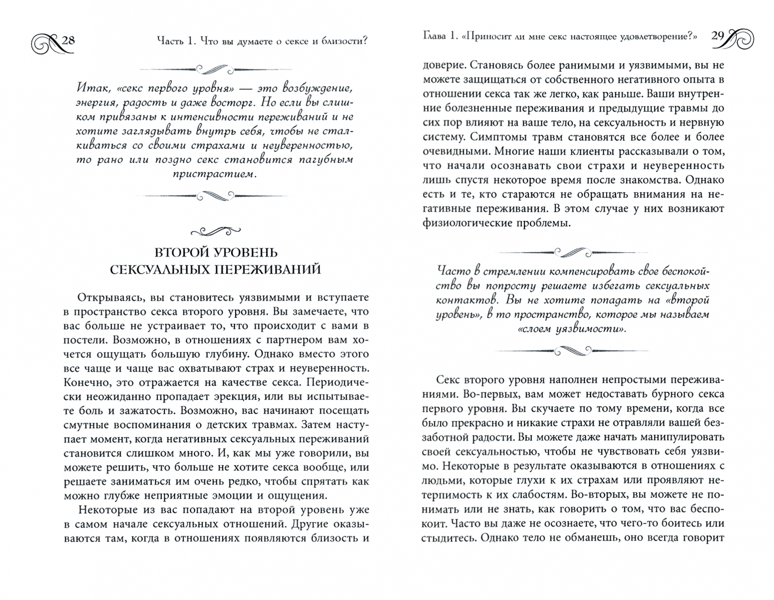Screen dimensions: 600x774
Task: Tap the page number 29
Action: click(717, 37)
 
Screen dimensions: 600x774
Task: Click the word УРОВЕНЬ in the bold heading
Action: click(243, 253)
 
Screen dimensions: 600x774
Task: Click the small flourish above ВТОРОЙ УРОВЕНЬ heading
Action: click(214, 230)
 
